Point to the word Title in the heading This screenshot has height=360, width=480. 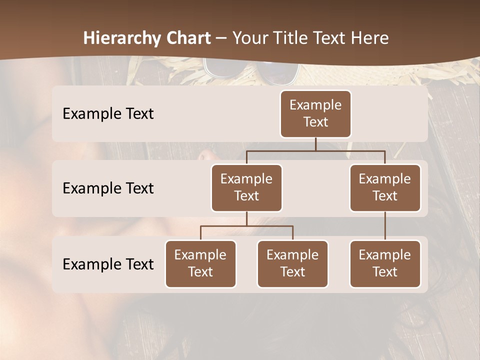[x=293, y=38]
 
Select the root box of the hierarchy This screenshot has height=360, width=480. [x=315, y=113]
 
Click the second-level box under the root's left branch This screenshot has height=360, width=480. [x=246, y=187]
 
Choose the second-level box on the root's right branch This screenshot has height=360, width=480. [x=385, y=187]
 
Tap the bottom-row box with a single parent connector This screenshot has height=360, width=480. [x=385, y=263]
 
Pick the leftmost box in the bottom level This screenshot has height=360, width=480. [x=200, y=263]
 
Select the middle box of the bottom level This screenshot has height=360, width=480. [x=292, y=263]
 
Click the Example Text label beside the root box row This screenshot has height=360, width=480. [x=108, y=114]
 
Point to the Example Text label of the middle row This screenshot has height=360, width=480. [x=108, y=188]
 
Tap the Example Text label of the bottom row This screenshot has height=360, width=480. [x=108, y=264]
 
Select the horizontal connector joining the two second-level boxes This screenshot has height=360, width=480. [x=315, y=150]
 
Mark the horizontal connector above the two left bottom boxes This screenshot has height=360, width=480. [x=246, y=226]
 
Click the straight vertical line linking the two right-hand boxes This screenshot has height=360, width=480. [x=385, y=226]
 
